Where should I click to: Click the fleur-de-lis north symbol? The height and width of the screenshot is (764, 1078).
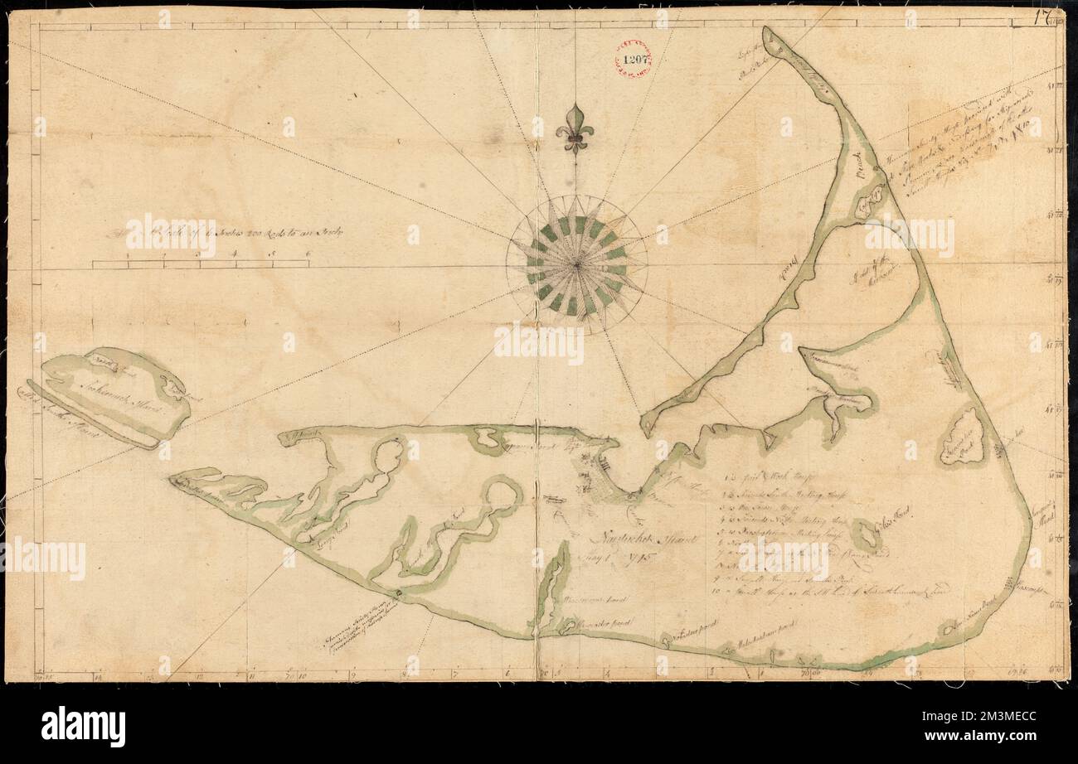(x=573, y=129)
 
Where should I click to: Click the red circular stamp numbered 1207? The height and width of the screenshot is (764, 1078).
(x=634, y=59)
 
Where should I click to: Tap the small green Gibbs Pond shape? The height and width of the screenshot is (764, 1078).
(x=867, y=536)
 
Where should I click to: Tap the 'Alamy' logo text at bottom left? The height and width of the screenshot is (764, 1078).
(x=83, y=727)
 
